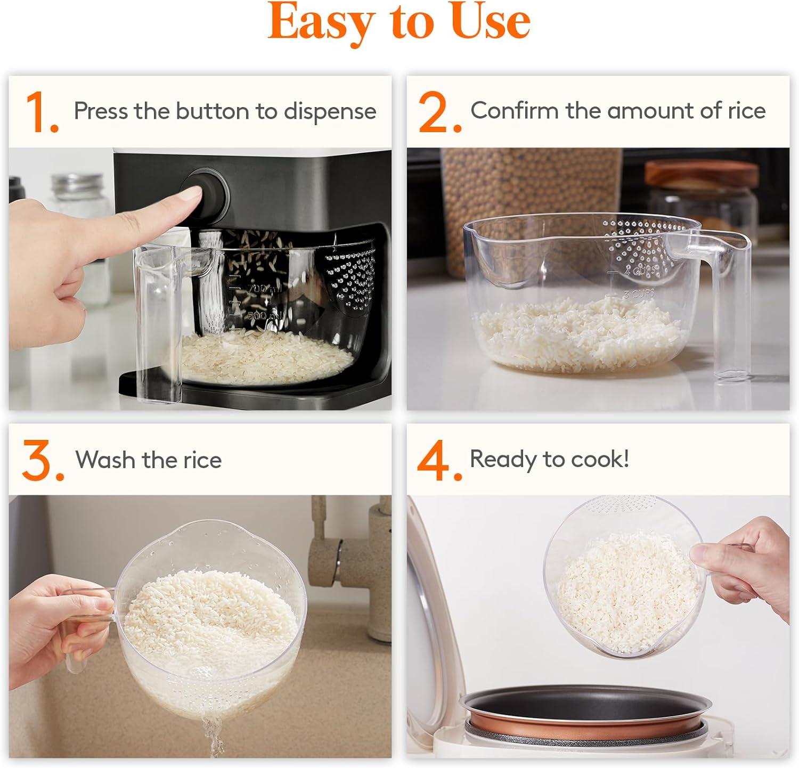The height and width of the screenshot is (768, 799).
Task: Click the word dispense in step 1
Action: [330, 111]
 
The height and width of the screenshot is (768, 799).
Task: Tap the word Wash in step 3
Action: [105, 460]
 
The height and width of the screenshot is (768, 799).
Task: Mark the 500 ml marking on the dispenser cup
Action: [264, 315]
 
